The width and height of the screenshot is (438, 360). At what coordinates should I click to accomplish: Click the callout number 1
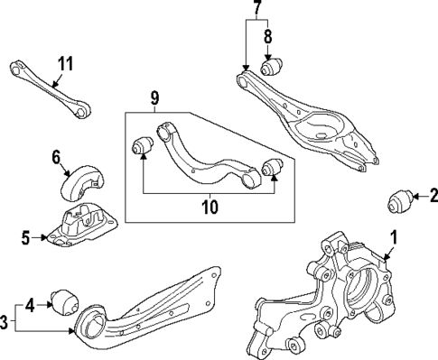coord(393,238)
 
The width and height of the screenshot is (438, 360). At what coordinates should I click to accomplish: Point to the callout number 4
coord(30,304)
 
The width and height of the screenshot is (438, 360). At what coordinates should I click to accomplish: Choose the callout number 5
coord(24,238)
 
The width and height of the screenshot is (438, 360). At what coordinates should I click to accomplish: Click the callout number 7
coord(256,11)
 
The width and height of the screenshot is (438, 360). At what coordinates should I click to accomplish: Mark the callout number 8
coord(267,38)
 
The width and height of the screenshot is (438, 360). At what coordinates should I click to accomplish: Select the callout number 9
coord(154,96)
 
